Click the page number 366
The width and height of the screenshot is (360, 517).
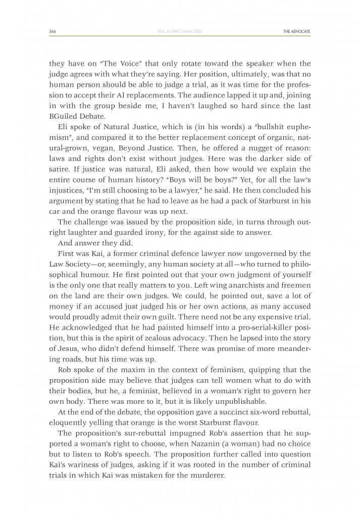tap(53, 31)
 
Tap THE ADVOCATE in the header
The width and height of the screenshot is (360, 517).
tap(297, 31)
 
